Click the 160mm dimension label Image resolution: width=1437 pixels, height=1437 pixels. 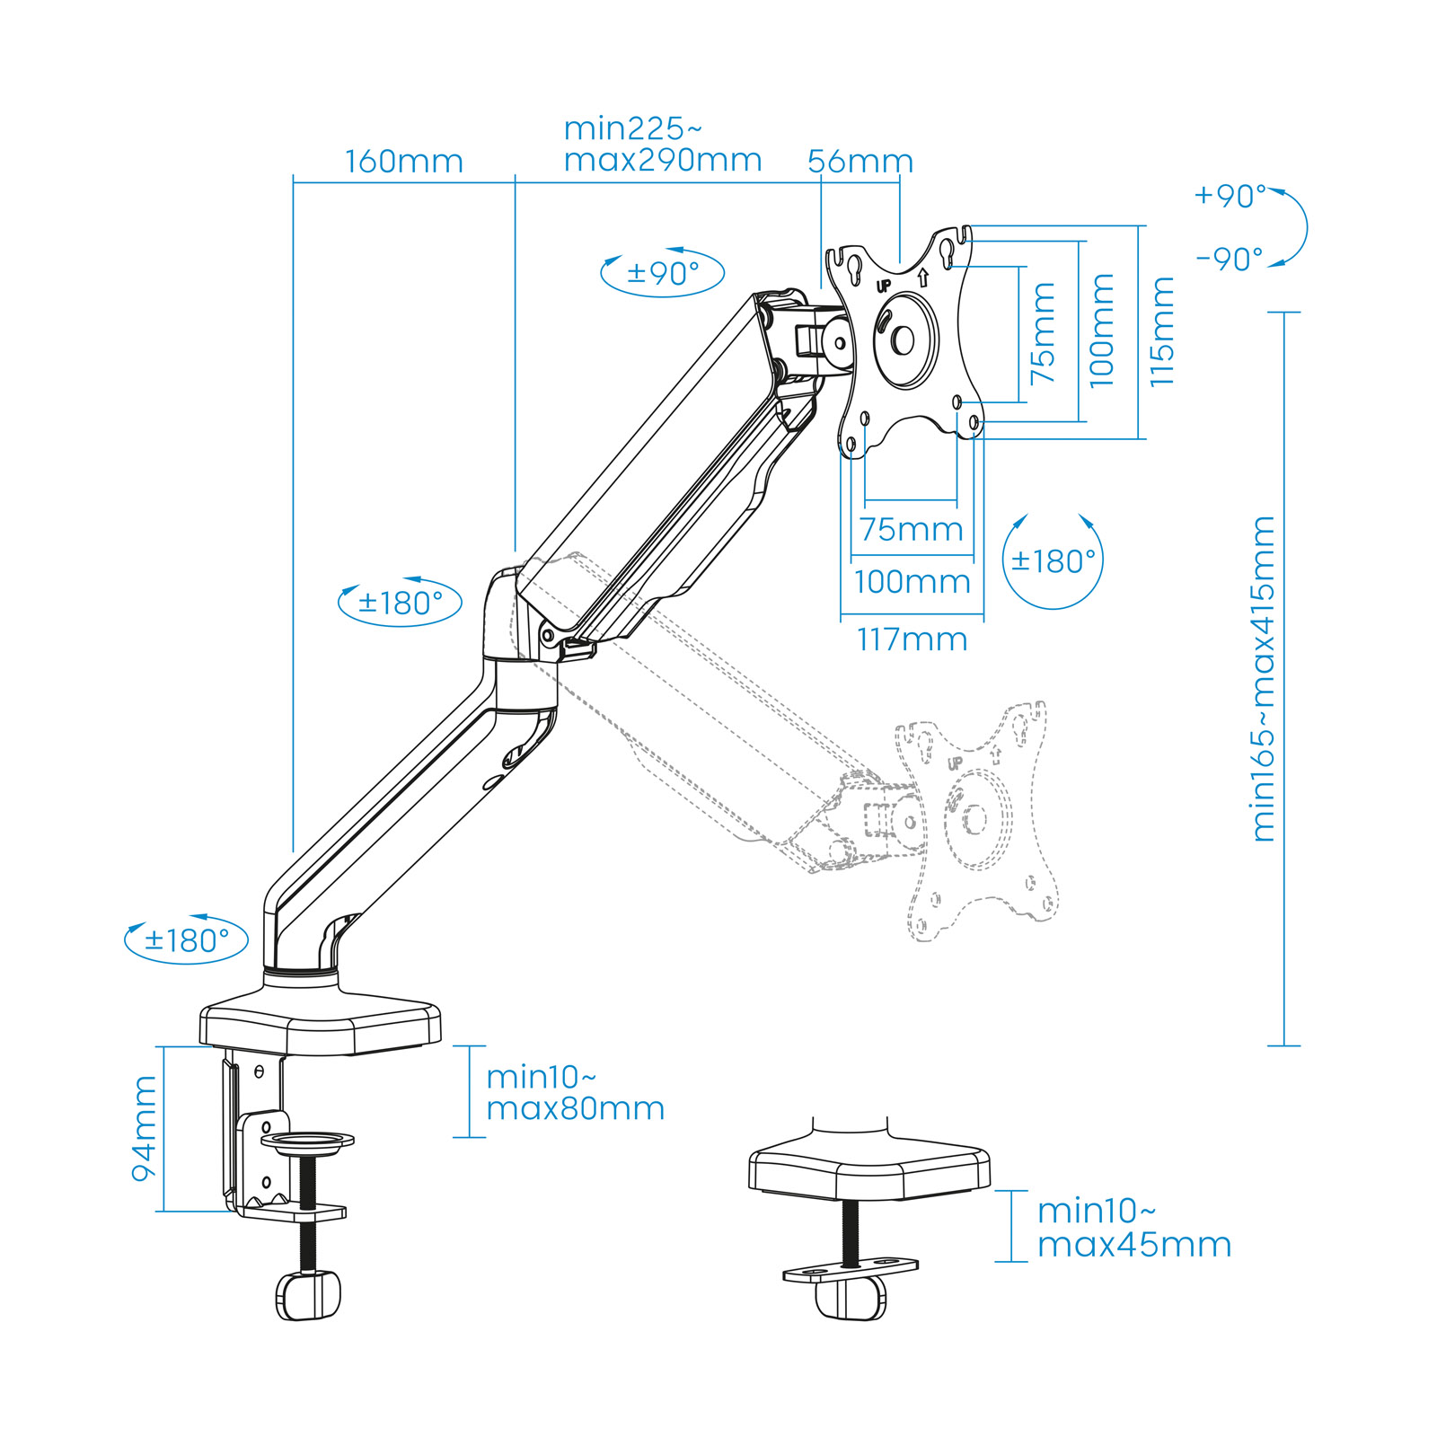404,162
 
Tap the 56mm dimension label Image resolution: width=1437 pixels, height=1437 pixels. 860,162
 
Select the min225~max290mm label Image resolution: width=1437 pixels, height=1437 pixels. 663,145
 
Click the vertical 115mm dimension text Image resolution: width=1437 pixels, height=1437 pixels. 1161,332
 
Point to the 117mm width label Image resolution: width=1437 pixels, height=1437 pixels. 912,639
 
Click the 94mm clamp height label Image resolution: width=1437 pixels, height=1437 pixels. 144,1129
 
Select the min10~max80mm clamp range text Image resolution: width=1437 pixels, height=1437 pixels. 575,1092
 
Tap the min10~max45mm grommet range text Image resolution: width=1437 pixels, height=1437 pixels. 1133,1228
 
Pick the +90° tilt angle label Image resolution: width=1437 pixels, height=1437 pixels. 1230,196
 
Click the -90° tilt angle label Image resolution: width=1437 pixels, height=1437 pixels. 1230,260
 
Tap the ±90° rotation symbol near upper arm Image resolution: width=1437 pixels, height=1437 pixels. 662,273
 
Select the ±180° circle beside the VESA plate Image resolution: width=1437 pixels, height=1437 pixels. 1053,561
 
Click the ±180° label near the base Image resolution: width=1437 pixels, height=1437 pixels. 186,940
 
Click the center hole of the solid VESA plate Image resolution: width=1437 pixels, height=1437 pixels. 903,340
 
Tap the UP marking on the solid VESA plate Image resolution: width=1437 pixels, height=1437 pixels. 883,287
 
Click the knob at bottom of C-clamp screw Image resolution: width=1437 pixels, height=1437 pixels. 308,1296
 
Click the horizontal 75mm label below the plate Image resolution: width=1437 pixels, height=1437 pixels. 911,530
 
